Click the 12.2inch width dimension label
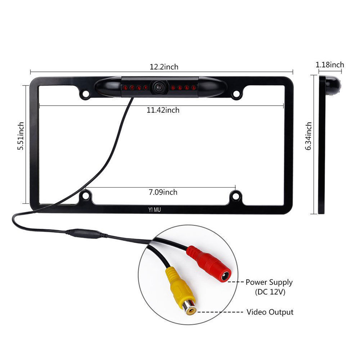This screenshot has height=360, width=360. pos(164,67)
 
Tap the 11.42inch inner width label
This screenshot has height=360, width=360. pos(163,110)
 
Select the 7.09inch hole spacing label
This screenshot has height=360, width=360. pos(163,192)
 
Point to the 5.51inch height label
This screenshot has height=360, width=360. pos(21,136)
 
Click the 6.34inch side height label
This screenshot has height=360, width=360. pos(308,136)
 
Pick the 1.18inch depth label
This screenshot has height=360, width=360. pos(330,65)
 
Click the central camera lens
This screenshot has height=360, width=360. pos(158,87)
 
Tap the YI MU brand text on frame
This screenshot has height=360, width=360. pos(154,209)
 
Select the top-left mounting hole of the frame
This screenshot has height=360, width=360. pos(86,93)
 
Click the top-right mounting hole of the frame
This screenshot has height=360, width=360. pos(236,94)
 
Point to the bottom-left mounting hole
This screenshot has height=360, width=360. pos(86,196)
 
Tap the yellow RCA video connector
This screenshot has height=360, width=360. pos(180,290)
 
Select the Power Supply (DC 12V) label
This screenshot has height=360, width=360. pos(269,287)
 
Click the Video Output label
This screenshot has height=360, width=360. pos(270,312)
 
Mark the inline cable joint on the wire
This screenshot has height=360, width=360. pos(86,234)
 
